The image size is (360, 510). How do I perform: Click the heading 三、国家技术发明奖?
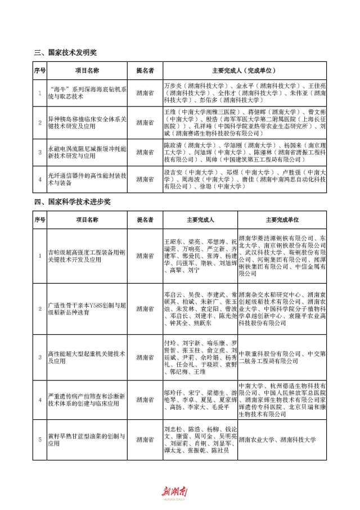(65, 52)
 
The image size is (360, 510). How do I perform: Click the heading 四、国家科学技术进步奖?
(73, 202)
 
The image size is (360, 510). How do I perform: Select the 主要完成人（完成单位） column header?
(243, 71)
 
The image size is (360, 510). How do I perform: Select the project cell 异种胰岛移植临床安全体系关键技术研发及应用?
(87, 122)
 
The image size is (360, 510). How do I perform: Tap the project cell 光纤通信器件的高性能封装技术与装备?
(87, 179)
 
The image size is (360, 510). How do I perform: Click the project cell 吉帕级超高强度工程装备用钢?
(87, 256)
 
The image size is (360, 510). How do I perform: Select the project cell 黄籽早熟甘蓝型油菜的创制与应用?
(87, 440)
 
